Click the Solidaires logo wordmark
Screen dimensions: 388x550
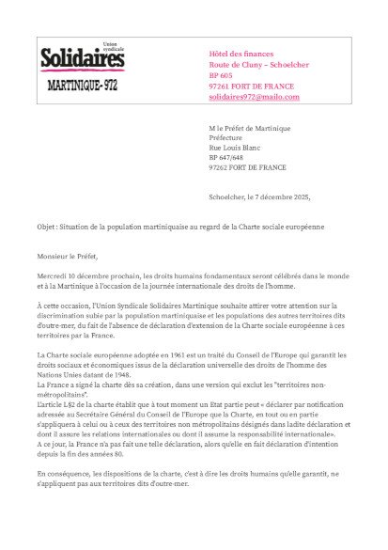coord(82,59)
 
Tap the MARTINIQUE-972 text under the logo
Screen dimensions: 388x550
coord(84,84)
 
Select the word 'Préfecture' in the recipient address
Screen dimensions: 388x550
coord(225,137)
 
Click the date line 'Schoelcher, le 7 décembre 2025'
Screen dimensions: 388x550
coord(258,196)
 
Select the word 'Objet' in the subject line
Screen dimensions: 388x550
coord(47,227)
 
